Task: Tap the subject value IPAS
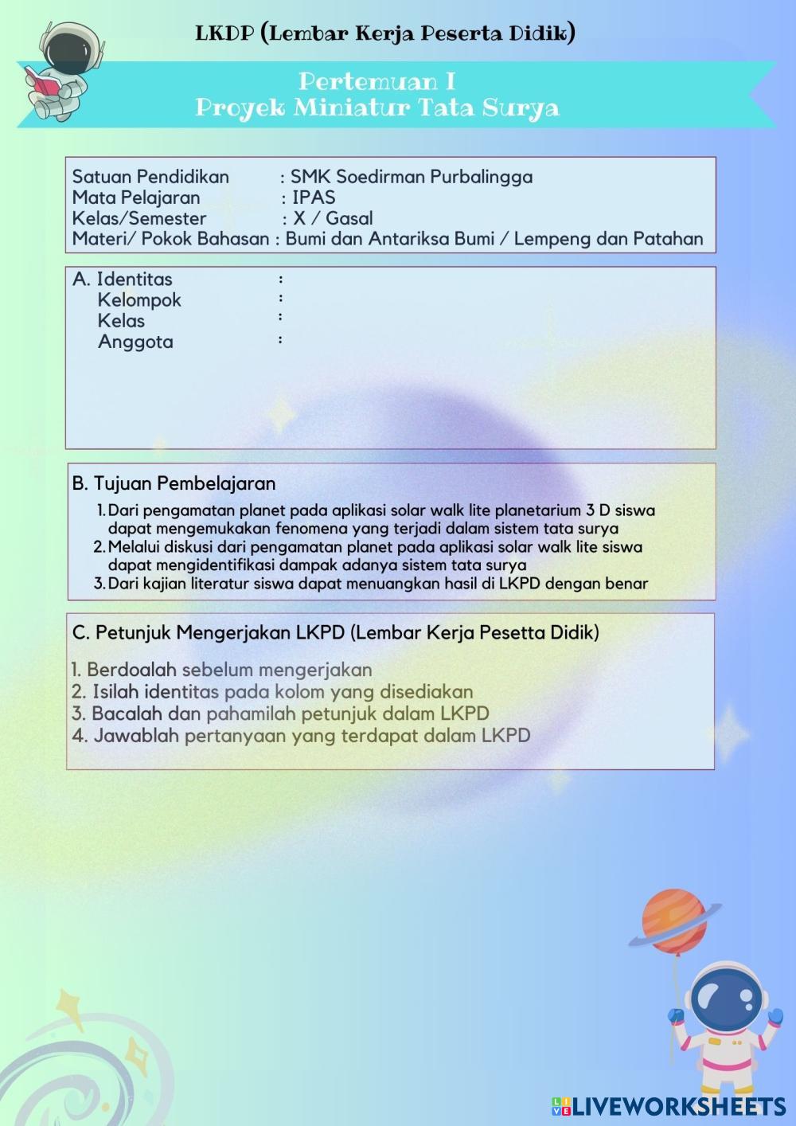313,197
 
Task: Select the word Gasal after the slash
349,218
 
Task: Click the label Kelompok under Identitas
139,300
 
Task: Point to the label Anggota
135,342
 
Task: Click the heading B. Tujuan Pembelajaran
174,483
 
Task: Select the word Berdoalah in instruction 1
131,670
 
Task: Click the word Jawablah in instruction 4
136,735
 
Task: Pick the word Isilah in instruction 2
117,692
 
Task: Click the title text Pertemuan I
377,81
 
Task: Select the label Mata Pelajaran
136,197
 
